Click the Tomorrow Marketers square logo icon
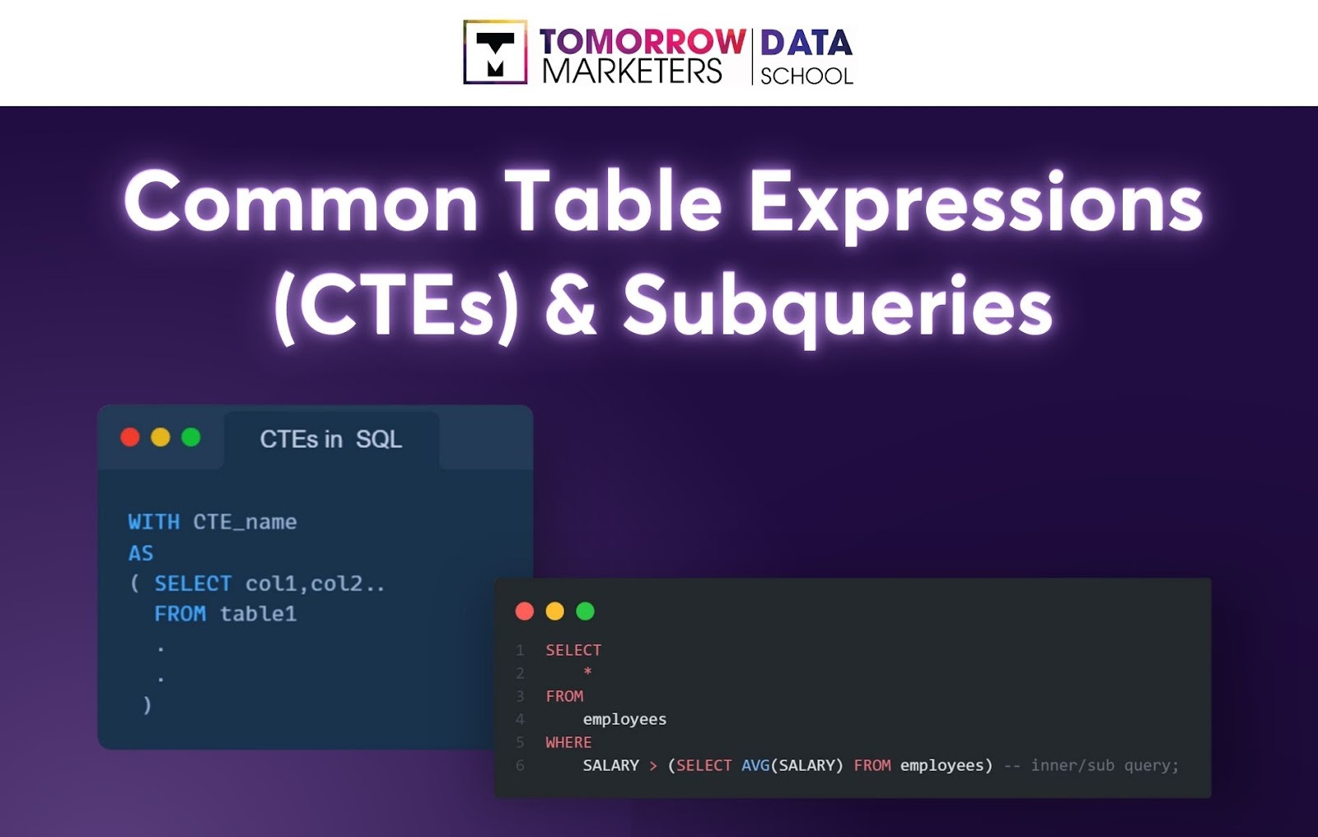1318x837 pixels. pos(495,53)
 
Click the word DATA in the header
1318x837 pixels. pos(806,43)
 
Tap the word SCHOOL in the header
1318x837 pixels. pos(806,76)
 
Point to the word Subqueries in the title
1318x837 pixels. pos(837,306)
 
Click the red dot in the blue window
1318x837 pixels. pos(130,437)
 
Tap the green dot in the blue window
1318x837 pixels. pos(191,437)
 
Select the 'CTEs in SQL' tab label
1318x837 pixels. pos(331,439)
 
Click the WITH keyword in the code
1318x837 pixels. pos(154,522)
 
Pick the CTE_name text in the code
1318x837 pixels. pos(245,522)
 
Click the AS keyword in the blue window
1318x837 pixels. pos(141,554)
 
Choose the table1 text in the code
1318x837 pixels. pos(258,614)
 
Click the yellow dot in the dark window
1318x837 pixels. pos(555,611)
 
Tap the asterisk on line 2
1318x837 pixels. pos(587,672)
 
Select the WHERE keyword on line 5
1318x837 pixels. pos(568,742)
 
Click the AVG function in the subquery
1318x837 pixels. pos(755,765)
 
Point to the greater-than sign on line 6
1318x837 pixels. pos(653,766)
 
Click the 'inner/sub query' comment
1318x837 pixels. pos(1104,765)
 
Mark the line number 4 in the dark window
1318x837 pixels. pos(520,719)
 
